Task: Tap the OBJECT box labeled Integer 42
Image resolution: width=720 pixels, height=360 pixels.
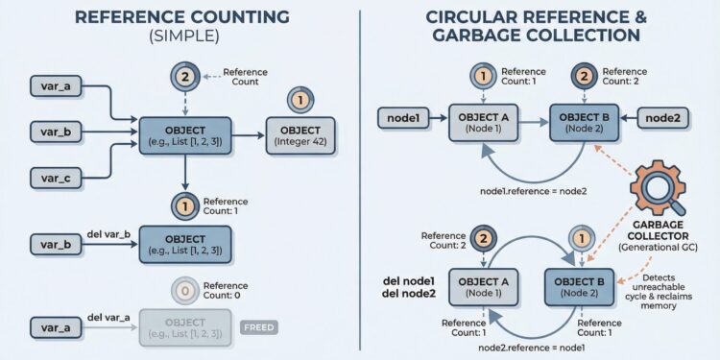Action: tap(301, 135)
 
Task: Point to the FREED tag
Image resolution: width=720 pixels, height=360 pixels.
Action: tap(259, 327)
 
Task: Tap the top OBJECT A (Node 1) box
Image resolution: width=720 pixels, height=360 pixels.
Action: tap(485, 122)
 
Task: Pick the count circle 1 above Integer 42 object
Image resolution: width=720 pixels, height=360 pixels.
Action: tap(300, 99)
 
